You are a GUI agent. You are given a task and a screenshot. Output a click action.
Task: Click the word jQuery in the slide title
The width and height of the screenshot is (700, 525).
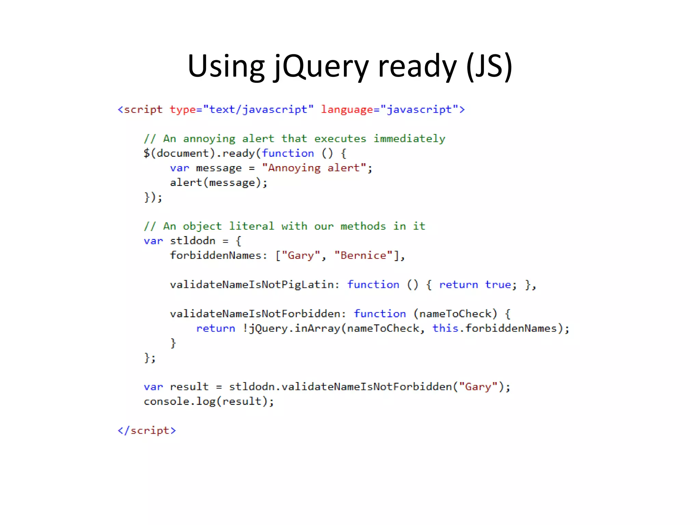[321, 66]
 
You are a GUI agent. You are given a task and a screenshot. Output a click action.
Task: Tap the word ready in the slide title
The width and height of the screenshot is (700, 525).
[417, 66]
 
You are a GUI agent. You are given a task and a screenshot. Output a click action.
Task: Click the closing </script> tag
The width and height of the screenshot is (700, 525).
[147, 430]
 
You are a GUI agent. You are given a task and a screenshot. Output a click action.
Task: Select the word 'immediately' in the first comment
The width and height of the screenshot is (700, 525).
[409, 139]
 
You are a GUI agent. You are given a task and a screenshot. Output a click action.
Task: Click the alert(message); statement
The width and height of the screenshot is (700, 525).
[219, 183]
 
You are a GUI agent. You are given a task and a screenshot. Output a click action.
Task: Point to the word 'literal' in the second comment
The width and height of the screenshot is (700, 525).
[252, 226]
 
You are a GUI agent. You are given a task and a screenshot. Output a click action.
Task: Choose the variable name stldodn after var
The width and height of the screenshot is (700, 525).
[193, 241]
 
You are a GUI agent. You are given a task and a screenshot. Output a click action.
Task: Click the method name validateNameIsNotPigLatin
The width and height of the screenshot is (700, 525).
[252, 285]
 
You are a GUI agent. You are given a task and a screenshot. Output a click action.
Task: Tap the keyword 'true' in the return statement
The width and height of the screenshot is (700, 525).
[498, 285]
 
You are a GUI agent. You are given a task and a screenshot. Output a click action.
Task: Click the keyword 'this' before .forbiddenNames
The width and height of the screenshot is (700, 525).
[445, 328]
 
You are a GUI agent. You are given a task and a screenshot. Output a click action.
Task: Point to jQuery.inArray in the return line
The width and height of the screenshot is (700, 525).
[294, 328]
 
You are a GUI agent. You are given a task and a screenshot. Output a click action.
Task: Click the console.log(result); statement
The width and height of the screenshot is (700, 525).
[208, 401]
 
